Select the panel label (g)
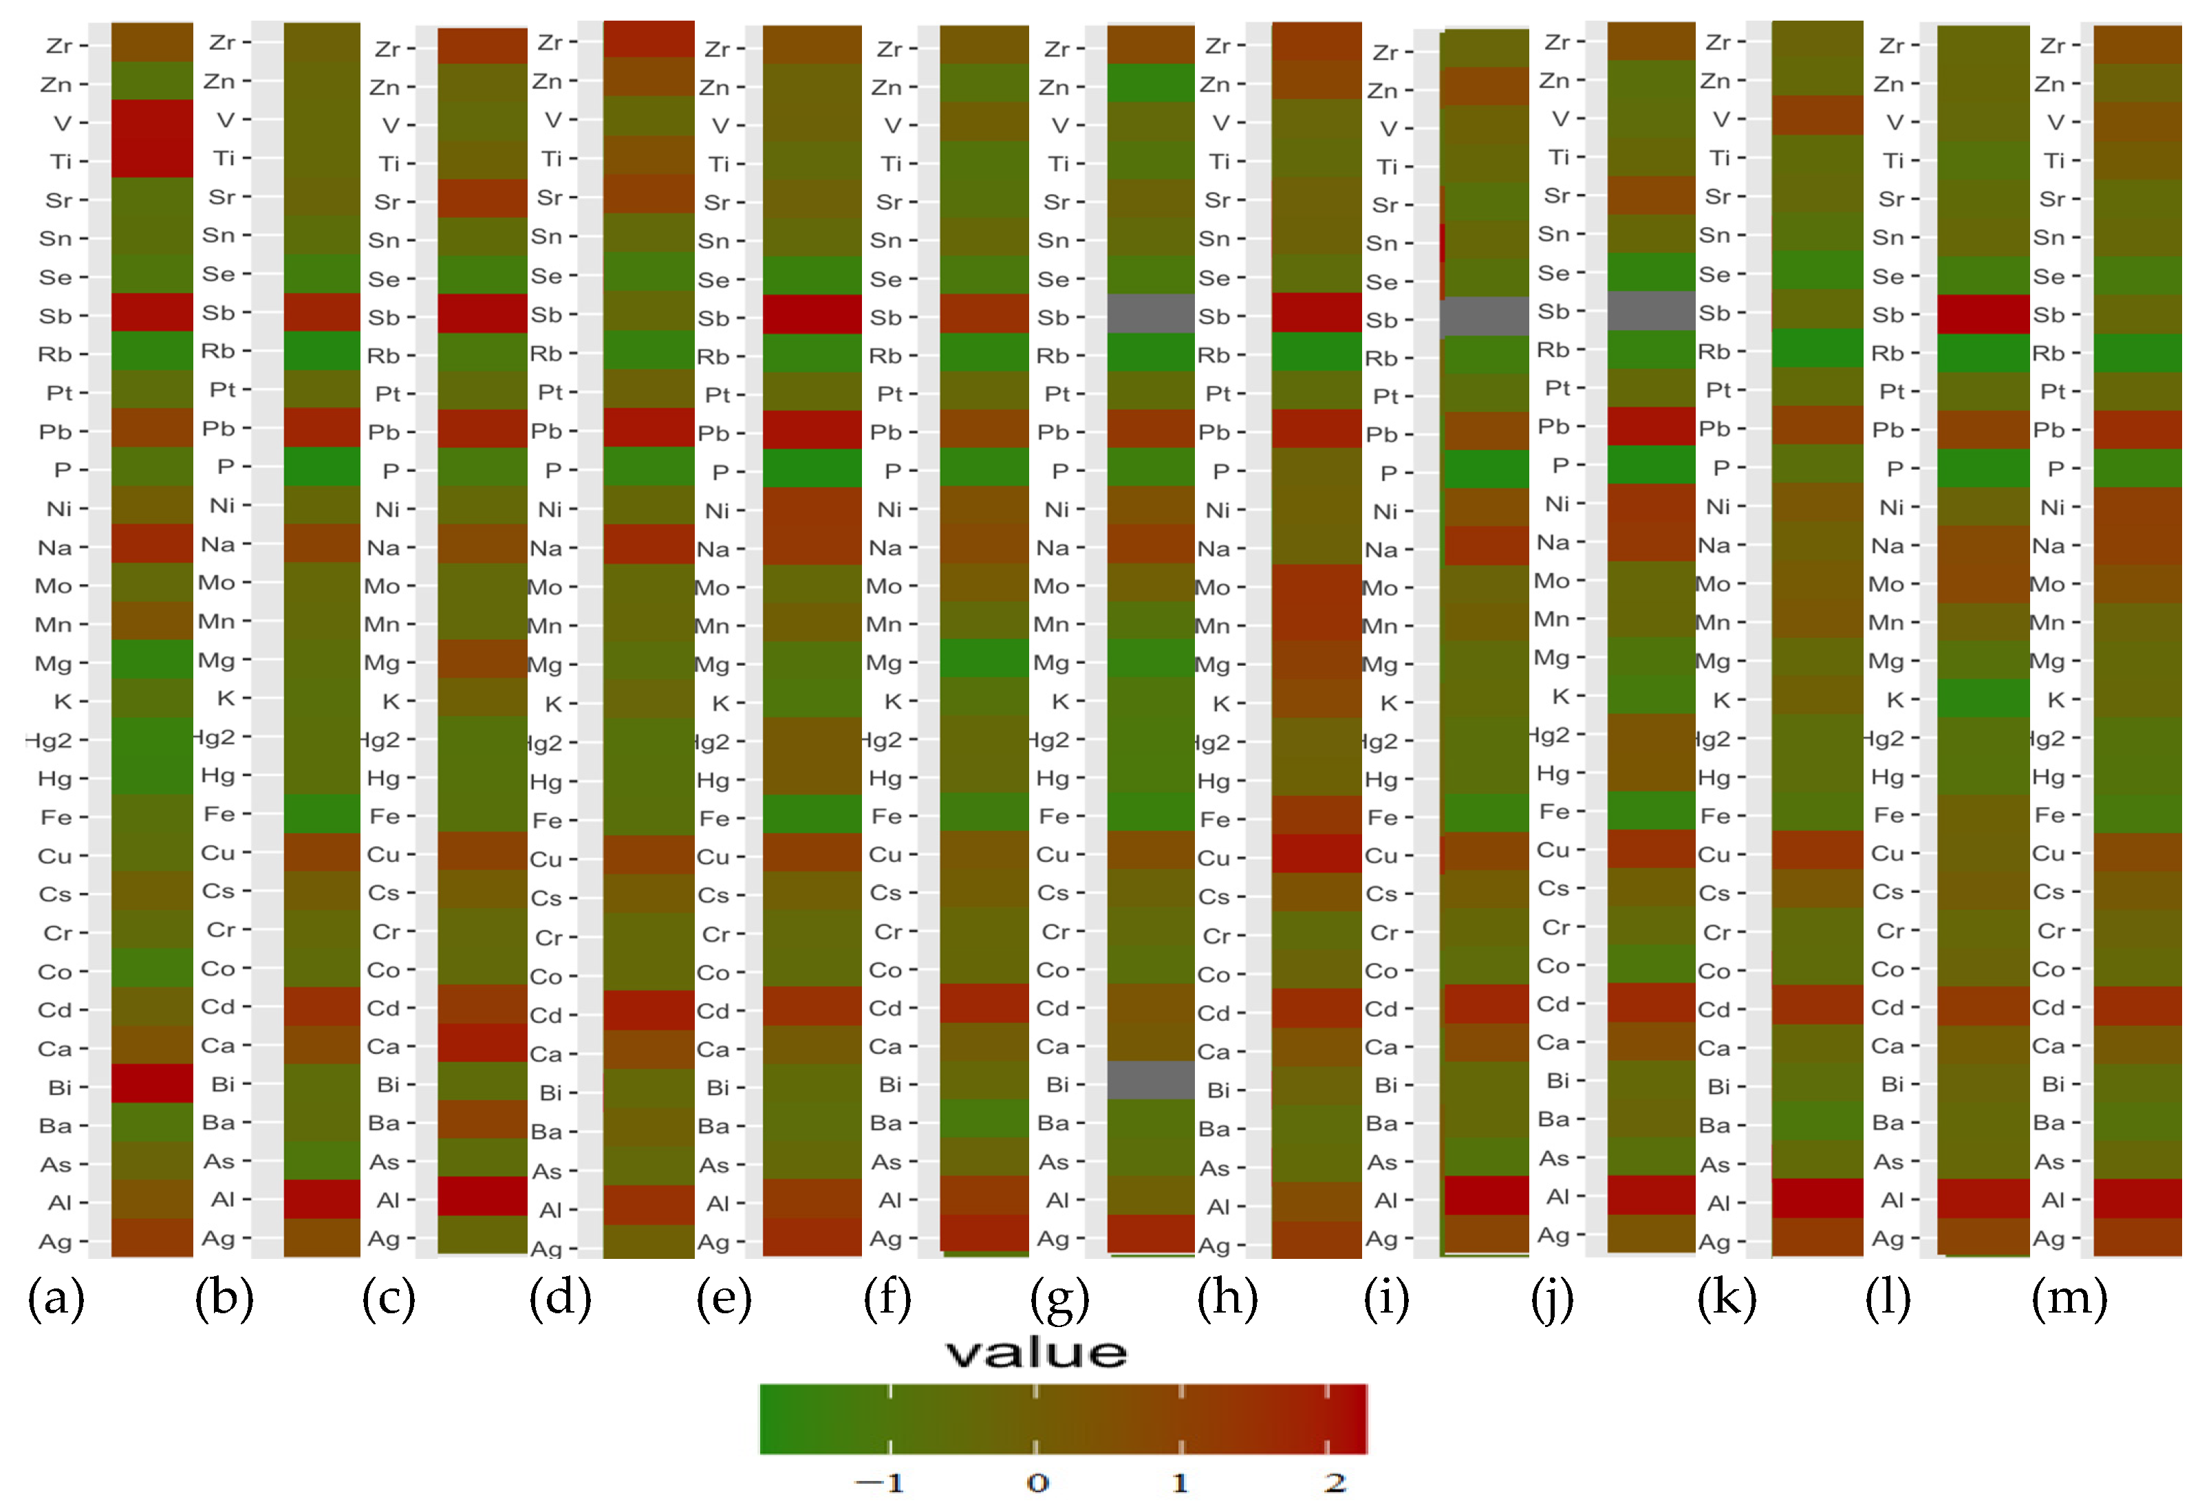1059,1299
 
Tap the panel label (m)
2069,1299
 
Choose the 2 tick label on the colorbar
1335,1482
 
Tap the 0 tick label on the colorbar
1037,1482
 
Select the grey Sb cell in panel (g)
1150,314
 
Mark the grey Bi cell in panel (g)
1150,1080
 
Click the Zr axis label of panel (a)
58,45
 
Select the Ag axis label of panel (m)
2049,1238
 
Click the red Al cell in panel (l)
1983,1198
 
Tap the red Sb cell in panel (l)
1983,314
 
